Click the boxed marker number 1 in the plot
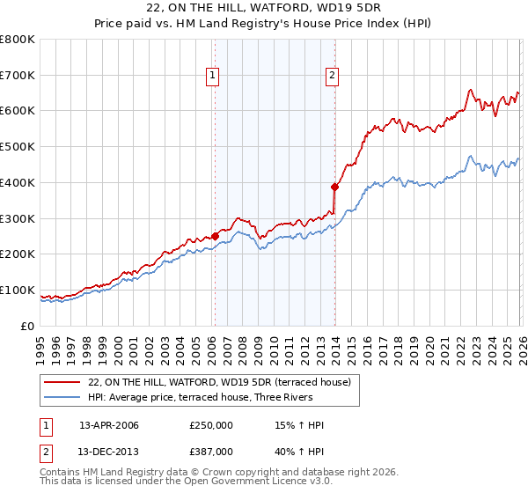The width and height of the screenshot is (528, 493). [x=214, y=77]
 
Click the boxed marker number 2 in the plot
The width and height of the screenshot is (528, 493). [x=333, y=77]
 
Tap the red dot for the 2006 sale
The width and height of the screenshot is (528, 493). [x=215, y=236]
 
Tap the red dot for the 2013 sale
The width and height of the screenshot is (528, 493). [x=334, y=187]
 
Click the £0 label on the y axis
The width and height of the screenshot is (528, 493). [x=27, y=326]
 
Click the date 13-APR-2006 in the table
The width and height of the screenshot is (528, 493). [x=109, y=425]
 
